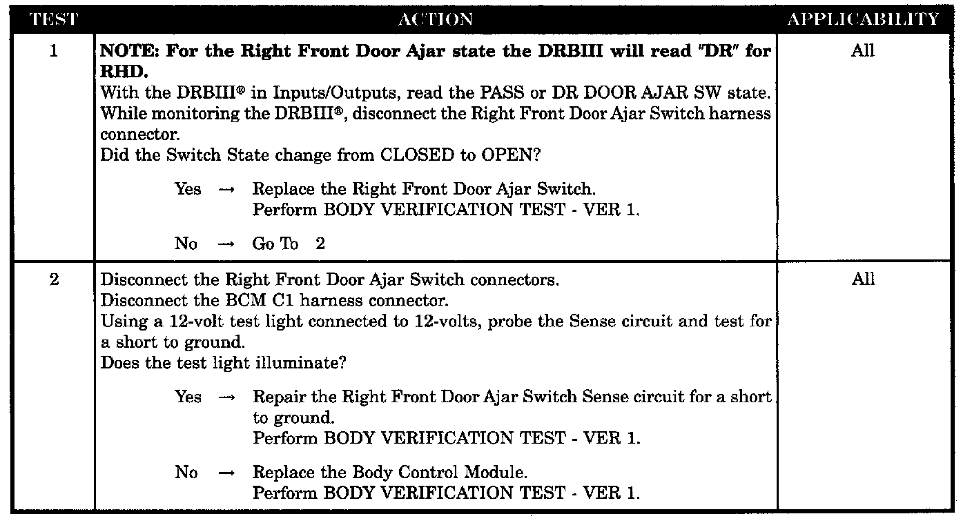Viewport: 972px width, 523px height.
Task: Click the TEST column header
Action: pos(54,19)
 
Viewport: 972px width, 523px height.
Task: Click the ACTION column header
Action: pos(436,19)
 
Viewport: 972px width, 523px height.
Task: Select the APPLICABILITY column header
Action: pos(864,19)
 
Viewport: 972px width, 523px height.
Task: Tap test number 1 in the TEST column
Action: pos(54,51)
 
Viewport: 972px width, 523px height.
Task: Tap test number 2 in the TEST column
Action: pos(54,279)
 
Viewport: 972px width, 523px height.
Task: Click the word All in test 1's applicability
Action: pos(863,51)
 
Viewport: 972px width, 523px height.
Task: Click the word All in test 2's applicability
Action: pos(863,279)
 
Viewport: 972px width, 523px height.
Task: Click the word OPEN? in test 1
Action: pos(511,155)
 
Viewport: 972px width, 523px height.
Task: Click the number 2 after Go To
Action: pos(320,244)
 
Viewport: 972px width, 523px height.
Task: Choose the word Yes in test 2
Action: pos(188,397)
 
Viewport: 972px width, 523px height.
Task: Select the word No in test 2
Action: pos(186,473)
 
